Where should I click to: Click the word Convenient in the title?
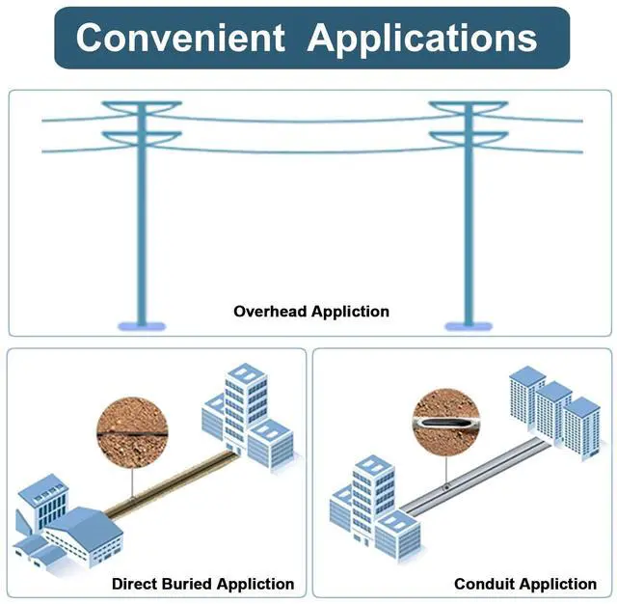pyautogui.click(x=181, y=38)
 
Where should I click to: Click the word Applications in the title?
pyautogui.click(x=422, y=38)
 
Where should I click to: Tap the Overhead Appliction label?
pyautogui.click(x=311, y=312)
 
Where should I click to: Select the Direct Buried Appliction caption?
pyautogui.click(x=202, y=584)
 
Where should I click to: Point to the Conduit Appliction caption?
pyautogui.click(x=525, y=584)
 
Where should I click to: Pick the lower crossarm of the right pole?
pyautogui.click(x=469, y=136)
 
